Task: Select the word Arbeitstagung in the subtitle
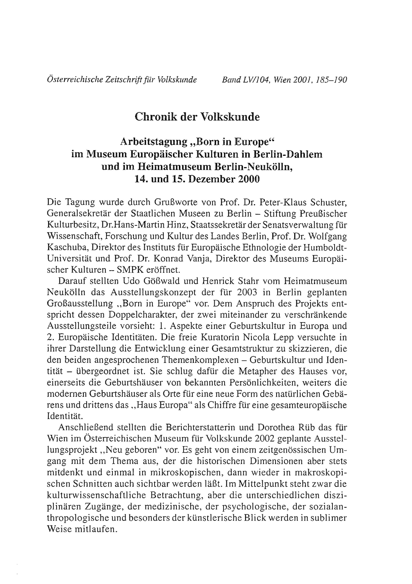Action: (154, 142)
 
